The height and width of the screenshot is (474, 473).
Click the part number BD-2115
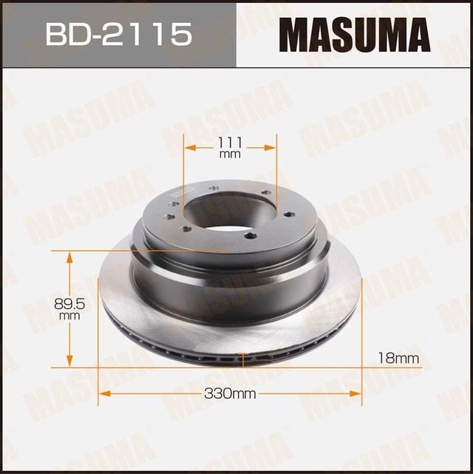(118, 34)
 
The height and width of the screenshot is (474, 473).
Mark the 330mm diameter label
(229, 394)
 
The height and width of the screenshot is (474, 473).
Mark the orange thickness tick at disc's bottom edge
(243, 361)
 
